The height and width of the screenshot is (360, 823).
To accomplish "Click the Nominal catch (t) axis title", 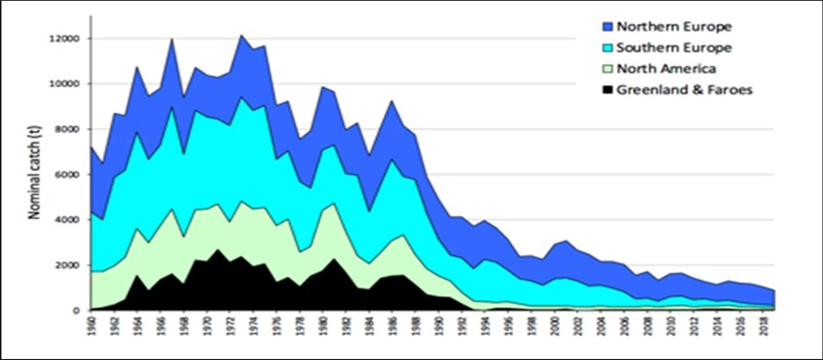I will (35, 175).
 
